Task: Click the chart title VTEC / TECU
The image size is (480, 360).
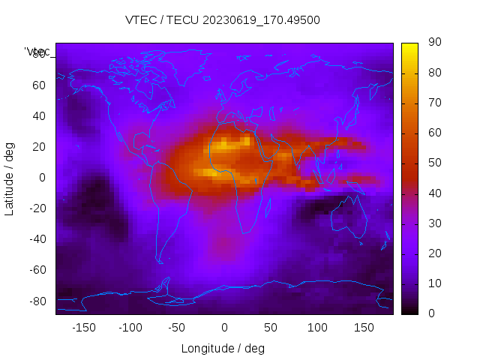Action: tap(222, 20)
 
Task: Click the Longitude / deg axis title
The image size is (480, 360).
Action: tap(223, 349)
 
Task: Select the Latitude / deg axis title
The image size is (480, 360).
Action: tap(10, 178)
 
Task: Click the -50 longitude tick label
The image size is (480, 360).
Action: tap(177, 328)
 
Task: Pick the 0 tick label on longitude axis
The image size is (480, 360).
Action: tap(223, 328)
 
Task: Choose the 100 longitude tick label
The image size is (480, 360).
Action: tap(317, 328)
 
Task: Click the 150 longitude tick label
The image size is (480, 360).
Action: tap(364, 328)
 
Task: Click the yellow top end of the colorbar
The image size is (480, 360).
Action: tap(409, 46)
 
